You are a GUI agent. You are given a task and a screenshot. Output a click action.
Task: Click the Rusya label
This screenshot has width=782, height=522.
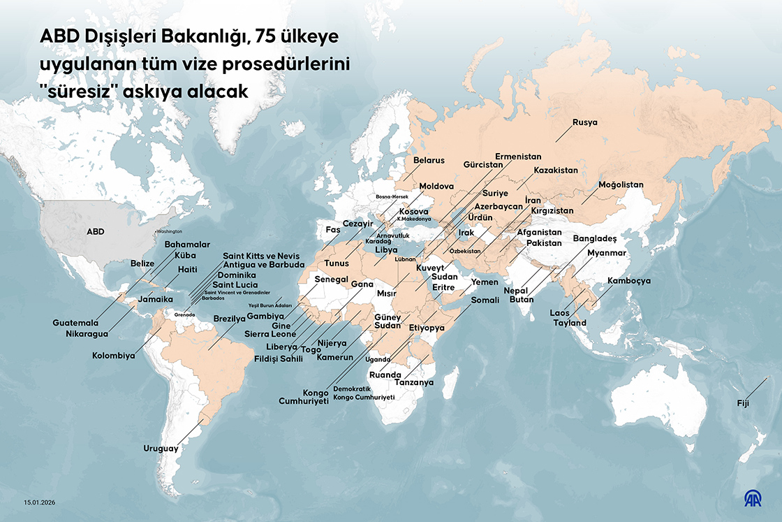(584, 122)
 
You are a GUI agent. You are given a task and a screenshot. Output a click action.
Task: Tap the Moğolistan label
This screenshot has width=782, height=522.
(621, 185)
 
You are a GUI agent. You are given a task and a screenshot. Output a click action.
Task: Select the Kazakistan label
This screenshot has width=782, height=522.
(556, 171)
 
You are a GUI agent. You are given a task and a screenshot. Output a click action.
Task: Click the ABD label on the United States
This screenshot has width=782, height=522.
(95, 231)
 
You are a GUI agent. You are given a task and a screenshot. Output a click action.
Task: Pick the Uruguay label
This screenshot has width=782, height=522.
(161, 449)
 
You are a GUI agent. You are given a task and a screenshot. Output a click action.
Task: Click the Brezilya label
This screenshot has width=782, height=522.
(230, 318)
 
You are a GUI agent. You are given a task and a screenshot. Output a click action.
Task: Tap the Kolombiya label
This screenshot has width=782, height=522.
(113, 356)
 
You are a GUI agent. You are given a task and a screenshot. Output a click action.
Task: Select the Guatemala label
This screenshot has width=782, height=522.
(75, 323)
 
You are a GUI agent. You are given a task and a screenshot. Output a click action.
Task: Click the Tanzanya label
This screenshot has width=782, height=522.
(414, 383)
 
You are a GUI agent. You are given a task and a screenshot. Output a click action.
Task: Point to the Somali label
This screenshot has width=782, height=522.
(485, 300)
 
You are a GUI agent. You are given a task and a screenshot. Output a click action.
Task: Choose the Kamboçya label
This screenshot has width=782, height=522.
(629, 281)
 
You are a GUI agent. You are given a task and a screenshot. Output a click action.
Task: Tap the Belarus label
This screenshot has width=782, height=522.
(429, 161)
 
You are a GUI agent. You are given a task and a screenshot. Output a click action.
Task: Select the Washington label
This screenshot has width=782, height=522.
(169, 231)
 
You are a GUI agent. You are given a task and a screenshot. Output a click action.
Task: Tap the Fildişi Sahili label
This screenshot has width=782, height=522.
(279, 358)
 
